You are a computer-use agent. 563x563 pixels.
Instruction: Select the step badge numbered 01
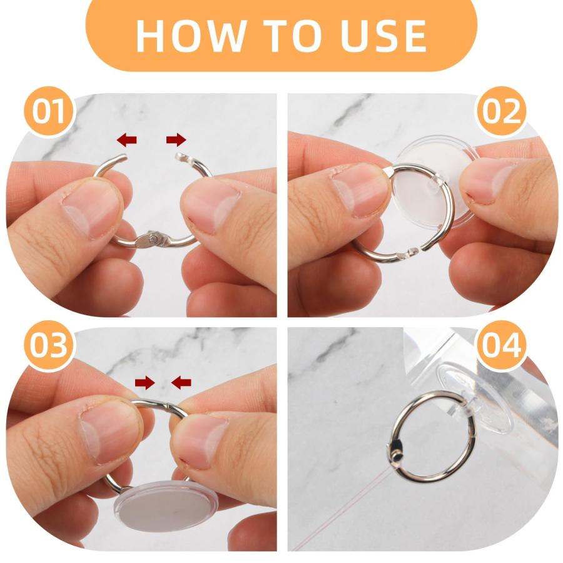pyautogui.click(x=49, y=111)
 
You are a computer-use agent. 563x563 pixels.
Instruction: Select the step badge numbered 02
pyautogui.click(x=501, y=111)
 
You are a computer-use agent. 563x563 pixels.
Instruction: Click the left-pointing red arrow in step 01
pyautogui.click(x=127, y=139)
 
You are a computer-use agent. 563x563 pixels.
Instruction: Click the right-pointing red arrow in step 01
pyautogui.click(x=176, y=139)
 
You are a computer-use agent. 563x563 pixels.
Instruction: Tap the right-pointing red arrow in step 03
pyautogui.click(x=145, y=383)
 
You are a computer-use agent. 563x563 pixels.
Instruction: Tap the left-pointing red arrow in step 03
pyautogui.click(x=181, y=383)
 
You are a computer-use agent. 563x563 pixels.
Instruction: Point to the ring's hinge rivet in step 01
pyautogui.click(x=154, y=238)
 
